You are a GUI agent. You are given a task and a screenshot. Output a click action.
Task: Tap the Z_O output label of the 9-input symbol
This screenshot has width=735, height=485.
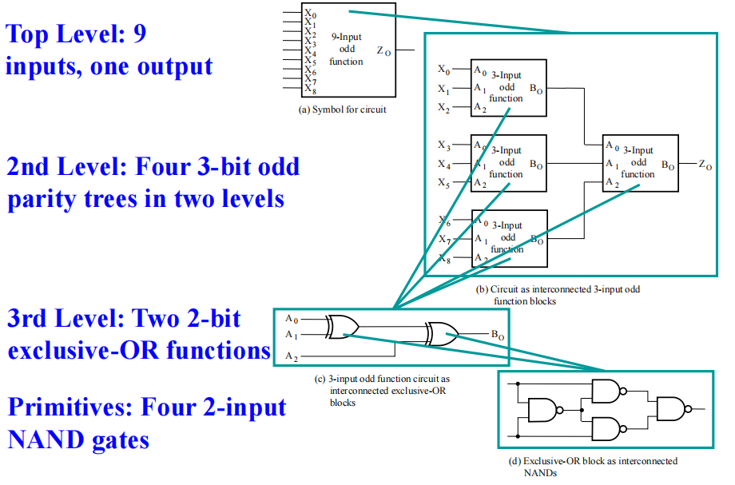[383, 52]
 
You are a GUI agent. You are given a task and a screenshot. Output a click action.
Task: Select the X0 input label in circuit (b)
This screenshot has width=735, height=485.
[443, 70]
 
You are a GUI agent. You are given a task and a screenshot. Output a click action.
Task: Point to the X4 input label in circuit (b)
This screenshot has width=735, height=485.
[443, 165]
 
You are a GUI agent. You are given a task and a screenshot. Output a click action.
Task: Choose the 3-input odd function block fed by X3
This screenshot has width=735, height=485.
[509, 163]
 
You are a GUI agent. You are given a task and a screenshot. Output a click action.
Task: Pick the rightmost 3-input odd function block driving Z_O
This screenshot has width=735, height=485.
[641, 162]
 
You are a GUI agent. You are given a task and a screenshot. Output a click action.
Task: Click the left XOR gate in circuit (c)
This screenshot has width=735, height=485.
[342, 325]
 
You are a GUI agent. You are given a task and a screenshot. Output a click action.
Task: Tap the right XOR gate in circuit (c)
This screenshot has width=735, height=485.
[442, 332]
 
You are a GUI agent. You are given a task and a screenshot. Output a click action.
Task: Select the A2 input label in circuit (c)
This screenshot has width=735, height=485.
[292, 356]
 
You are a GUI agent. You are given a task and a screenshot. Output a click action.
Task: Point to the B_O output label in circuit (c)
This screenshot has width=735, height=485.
[498, 336]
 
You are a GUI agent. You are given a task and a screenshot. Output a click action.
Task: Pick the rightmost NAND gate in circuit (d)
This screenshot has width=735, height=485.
[672, 408]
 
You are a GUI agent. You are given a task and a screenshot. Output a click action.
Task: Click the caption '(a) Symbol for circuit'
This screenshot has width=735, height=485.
[342, 109]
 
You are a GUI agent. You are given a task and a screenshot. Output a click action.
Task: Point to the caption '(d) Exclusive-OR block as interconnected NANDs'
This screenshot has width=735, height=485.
[593, 467]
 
